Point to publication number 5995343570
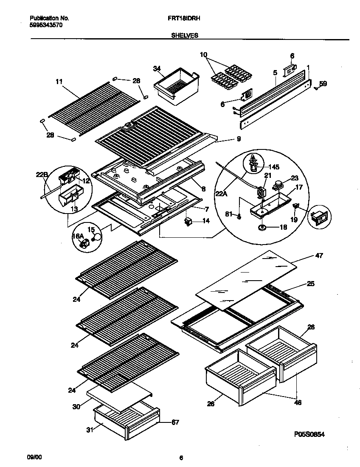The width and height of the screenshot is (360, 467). [x=46, y=25]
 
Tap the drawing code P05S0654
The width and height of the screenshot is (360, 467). [x=312, y=434]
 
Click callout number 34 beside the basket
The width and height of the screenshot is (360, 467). [x=157, y=68]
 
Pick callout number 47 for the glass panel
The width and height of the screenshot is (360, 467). [x=319, y=256]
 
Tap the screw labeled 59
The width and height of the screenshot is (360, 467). [x=317, y=88]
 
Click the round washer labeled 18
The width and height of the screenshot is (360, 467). [x=261, y=227]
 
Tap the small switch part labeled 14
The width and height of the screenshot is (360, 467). [x=187, y=221]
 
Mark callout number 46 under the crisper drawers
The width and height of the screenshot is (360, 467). [x=298, y=402]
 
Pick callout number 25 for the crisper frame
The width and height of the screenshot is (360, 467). [x=311, y=284]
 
